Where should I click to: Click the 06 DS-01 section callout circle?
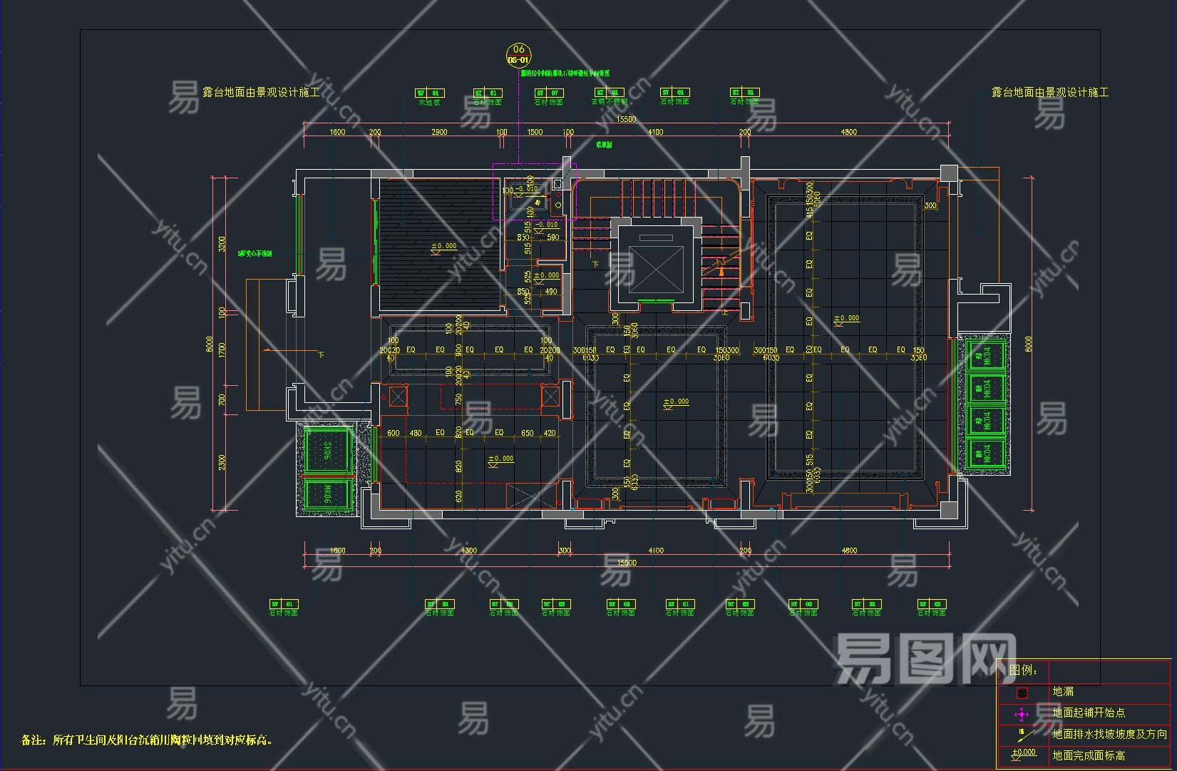518,54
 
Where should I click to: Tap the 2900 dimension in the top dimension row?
439,132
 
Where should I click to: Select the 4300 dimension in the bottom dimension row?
468,551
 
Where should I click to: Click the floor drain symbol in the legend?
1022,693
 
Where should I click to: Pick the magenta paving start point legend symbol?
1022,714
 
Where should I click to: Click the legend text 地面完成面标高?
1089,755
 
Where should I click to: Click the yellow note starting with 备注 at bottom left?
147,740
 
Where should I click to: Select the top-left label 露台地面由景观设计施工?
261,93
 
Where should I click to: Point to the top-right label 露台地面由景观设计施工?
1050,93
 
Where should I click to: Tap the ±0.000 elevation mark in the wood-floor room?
443,247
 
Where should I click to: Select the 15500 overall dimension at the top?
626,119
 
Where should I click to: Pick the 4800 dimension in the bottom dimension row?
849,551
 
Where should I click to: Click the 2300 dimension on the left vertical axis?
222,462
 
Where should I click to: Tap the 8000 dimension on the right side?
1027,344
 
